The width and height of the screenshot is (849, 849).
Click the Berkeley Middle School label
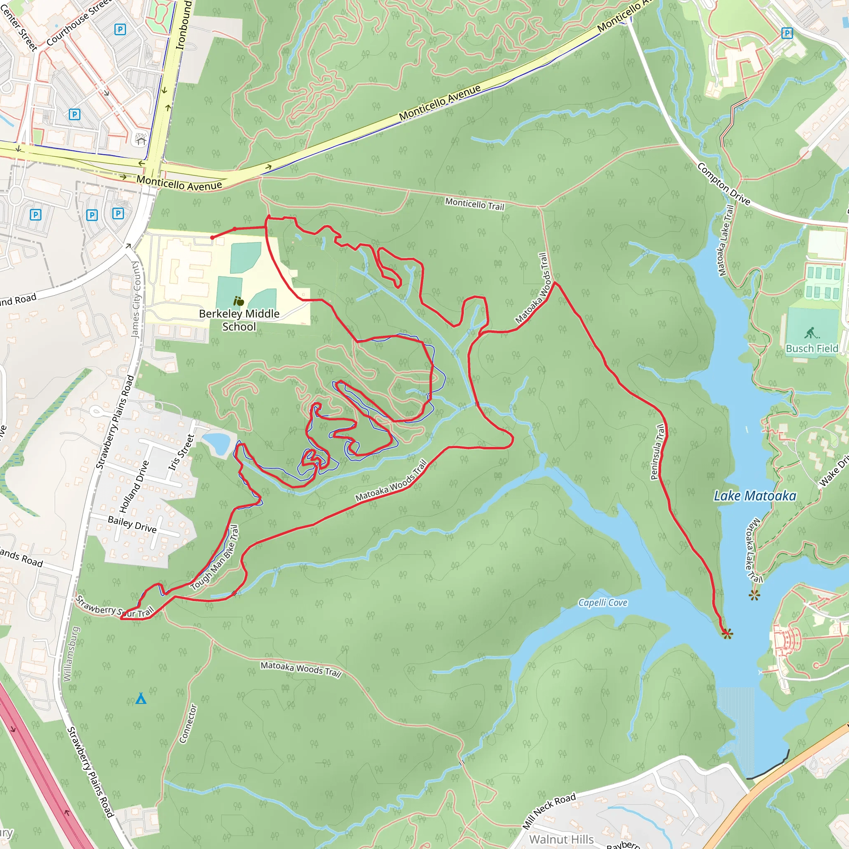(239, 320)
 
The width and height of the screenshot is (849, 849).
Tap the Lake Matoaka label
(754, 496)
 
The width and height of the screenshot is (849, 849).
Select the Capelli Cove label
(602, 602)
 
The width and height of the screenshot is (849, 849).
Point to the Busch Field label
(812, 349)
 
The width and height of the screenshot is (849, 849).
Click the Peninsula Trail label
(657, 452)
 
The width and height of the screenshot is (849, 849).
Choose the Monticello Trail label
(475, 204)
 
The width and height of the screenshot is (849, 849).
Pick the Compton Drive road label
(723, 184)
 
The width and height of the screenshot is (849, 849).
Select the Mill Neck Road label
(549, 811)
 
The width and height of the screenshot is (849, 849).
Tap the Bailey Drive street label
(132, 524)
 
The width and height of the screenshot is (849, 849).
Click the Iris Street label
(181, 452)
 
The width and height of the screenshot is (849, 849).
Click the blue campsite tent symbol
(141, 698)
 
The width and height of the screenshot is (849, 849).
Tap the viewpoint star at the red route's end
(727, 634)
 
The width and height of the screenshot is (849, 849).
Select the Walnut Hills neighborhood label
(561, 839)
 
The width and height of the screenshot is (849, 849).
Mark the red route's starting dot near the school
(212, 238)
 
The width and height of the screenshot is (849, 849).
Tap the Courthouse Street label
(79, 22)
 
